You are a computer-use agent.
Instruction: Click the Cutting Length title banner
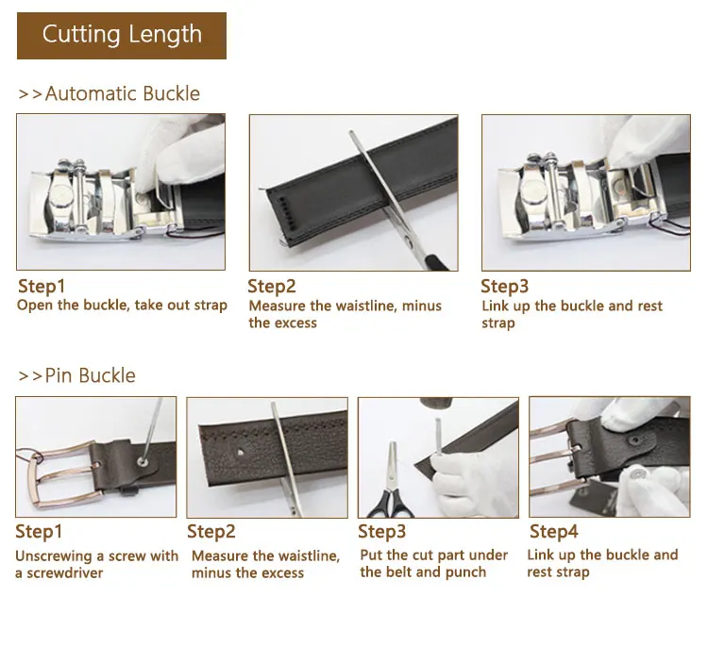tap(122, 36)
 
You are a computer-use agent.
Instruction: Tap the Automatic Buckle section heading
tap(109, 93)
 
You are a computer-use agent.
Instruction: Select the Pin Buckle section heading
tap(76, 375)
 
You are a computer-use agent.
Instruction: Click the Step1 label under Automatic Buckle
tap(42, 286)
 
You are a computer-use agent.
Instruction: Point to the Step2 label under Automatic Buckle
tap(272, 286)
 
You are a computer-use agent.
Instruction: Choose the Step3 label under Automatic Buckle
tap(504, 286)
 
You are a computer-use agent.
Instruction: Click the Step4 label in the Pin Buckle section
tap(553, 531)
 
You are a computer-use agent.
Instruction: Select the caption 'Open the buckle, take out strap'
tap(122, 305)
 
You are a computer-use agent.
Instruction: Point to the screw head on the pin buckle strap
tap(144, 461)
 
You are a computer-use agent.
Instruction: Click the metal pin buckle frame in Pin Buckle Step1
tap(63, 475)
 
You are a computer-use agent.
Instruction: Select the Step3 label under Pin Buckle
tap(382, 531)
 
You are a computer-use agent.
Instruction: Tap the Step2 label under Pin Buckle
tap(211, 531)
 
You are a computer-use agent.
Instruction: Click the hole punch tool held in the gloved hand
tap(439, 439)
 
